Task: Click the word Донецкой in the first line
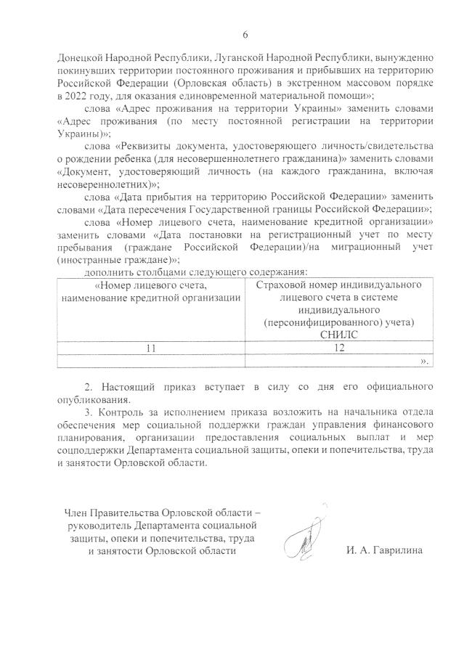coord(79,57)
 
